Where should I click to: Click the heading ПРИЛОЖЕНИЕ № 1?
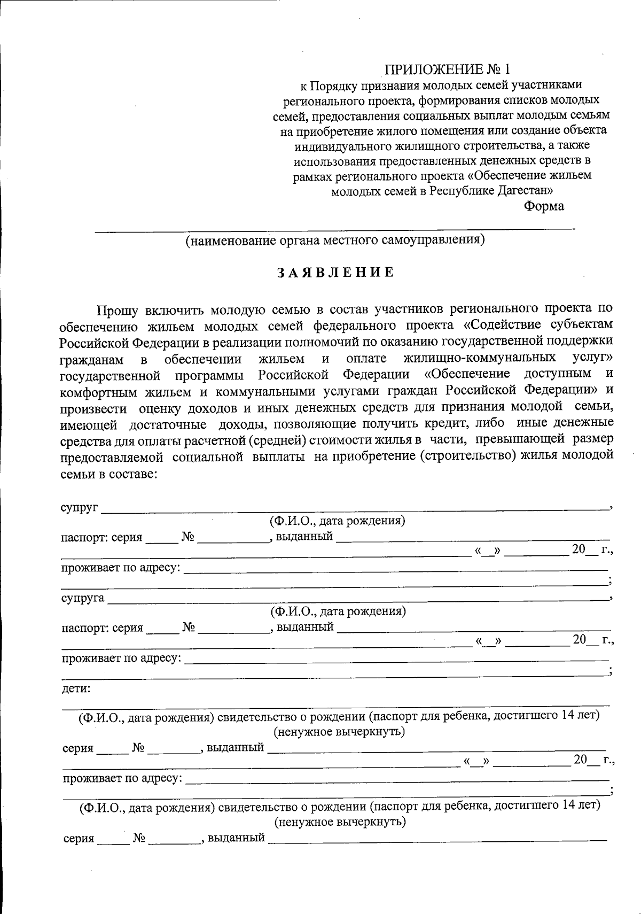(x=448, y=69)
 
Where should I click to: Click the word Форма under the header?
(x=543, y=206)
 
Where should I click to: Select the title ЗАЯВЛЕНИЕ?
(x=335, y=272)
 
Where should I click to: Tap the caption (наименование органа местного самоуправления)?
(x=335, y=240)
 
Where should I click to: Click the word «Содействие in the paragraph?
(x=500, y=325)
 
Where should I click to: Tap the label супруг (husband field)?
(x=78, y=507)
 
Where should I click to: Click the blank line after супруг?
(x=353, y=510)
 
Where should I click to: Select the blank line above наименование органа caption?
(x=335, y=230)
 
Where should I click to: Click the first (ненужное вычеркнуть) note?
(x=339, y=731)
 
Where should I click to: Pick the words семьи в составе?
(x=108, y=474)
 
